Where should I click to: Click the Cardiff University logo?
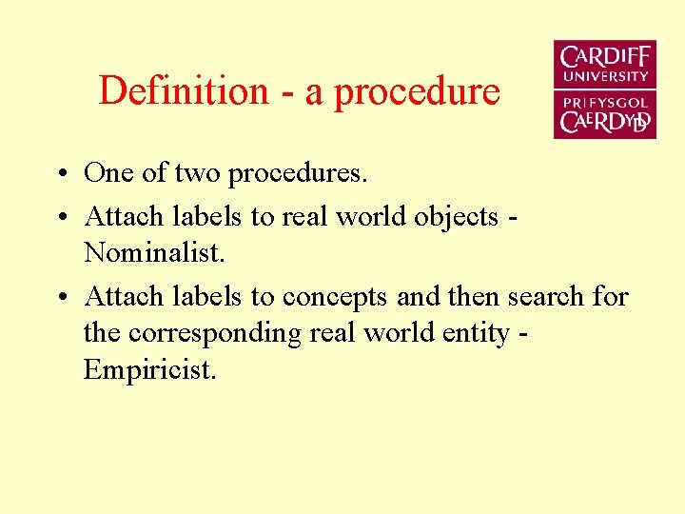click(605, 89)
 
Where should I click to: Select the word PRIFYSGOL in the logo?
click(605, 102)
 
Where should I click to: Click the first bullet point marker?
click(60, 175)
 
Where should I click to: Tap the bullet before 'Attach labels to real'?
click(60, 218)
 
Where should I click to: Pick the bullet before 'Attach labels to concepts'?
click(60, 298)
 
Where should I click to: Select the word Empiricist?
click(150, 369)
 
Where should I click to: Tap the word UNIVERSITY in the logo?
click(605, 76)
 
